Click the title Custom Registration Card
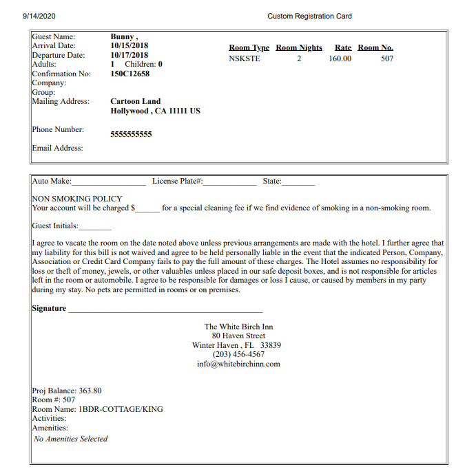tap(309, 16)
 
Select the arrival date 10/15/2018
tap(130, 46)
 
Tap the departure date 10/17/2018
tap(130, 55)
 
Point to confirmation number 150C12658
tap(130, 74)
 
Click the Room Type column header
tap(249, 47)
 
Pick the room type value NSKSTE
tap(245, 58)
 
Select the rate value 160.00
tap(340, 58)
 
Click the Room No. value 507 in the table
tap(387, 58)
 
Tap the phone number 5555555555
tap(131, 134)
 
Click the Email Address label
tap(57, 148)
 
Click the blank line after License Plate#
tap(229, 182)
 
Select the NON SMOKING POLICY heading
tap(77, 199)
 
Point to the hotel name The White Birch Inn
tap(238, 327)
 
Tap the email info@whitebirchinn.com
tap(238, 364)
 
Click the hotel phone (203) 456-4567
tap(238, 354)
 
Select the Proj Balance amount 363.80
tap(91, 391)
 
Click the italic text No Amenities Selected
tap(71, 439)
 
